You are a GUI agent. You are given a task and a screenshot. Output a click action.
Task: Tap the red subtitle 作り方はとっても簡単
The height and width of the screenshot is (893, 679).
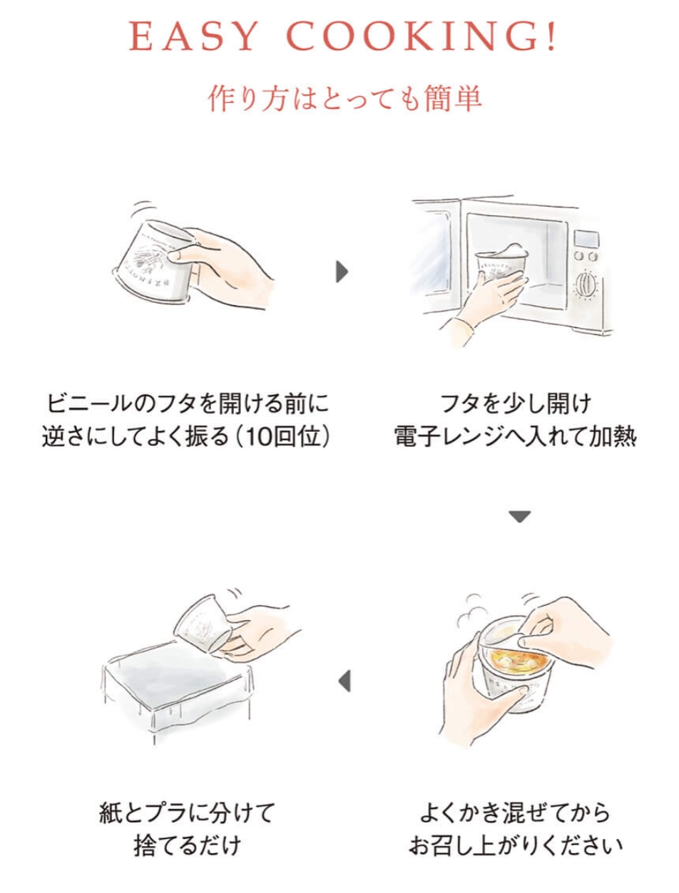pos(344,99)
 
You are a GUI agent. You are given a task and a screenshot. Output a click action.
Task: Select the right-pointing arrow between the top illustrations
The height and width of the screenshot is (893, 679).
pos(342,272)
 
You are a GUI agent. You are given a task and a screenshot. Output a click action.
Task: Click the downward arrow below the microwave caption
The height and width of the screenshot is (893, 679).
pos(520,516)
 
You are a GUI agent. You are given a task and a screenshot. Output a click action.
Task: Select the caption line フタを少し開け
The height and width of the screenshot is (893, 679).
pos(516,404)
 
